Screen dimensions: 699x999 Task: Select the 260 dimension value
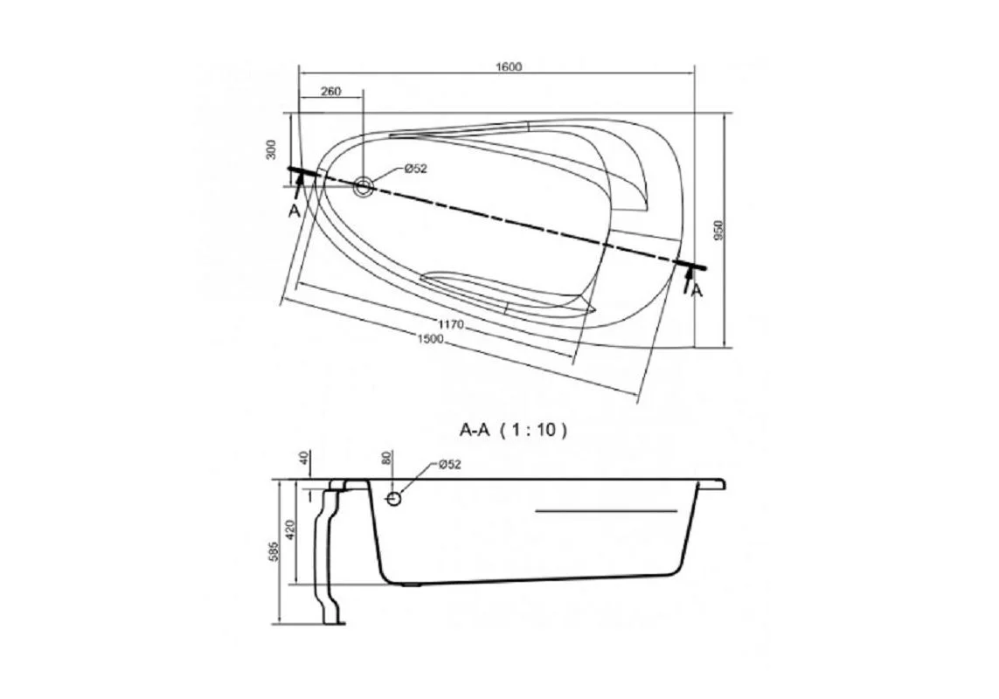[x=330, y=92]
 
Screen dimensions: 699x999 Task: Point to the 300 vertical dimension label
[x=272, y=149]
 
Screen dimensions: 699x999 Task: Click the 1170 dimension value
[x=451, y=325]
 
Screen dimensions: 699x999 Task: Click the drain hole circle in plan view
[x=364, y=185]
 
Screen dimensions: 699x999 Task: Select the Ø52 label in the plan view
[x=415, y=170]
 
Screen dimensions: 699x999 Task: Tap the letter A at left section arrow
[x=295, y=211]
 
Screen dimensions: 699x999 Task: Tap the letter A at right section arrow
[x=697, y=292]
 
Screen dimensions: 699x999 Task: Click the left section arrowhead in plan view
[x=300, y=181]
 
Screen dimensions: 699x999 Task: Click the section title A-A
[x=475, y=430]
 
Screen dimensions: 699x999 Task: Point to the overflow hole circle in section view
[x=394, y=498]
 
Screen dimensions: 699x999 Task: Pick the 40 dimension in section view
[x=304, y=460]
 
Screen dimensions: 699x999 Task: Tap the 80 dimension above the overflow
[x=387, y=459]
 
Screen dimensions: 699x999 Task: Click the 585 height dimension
[x=273, y=552]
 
